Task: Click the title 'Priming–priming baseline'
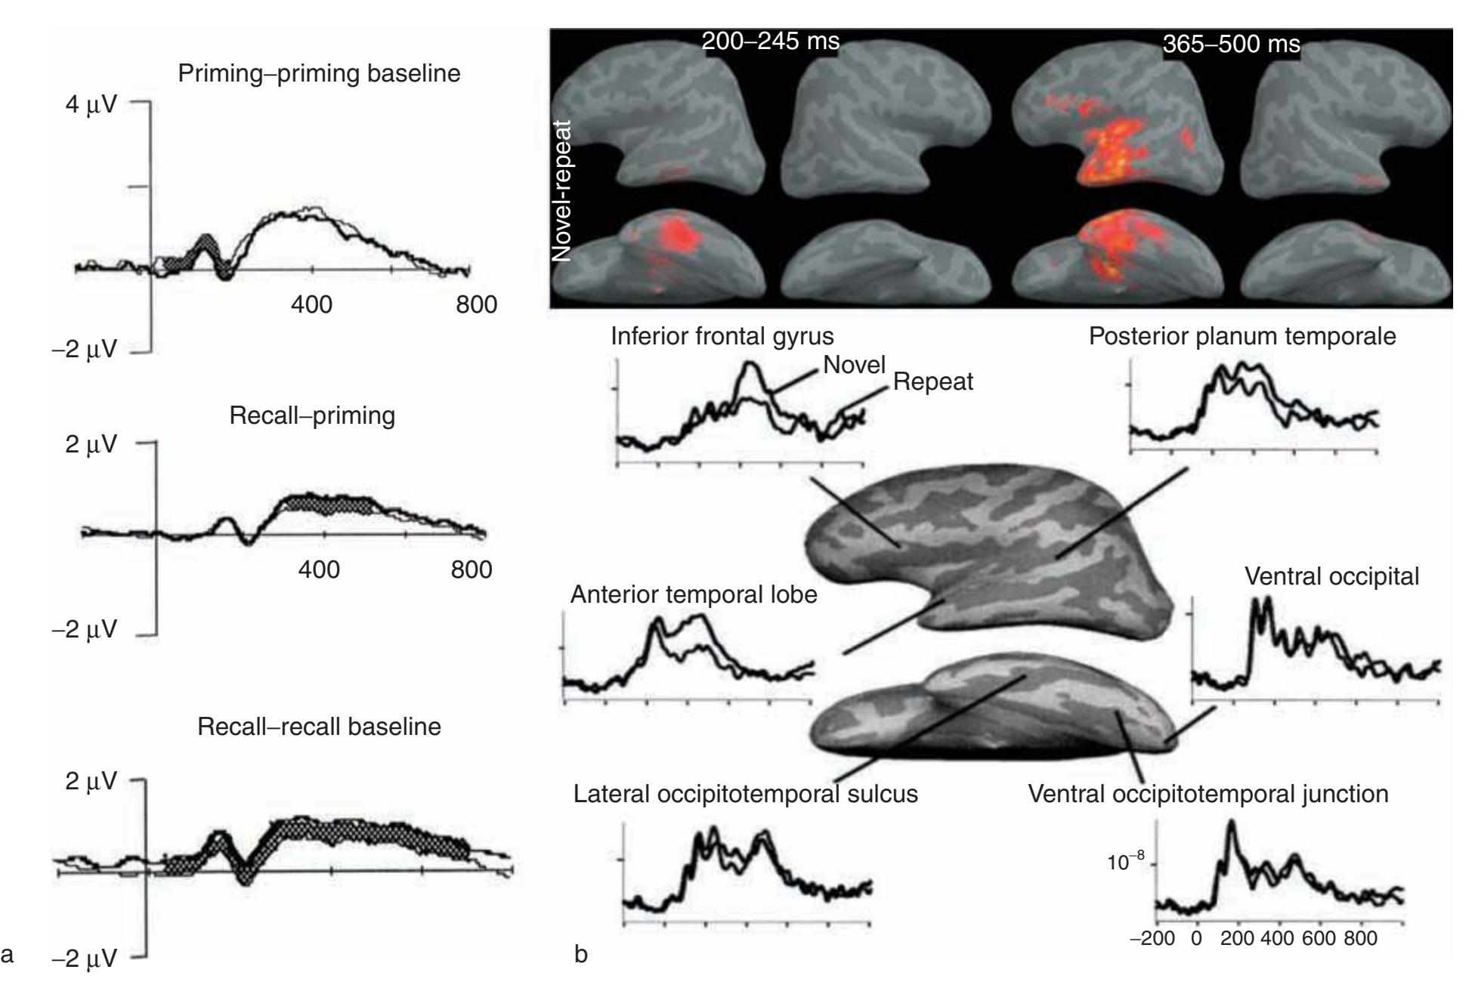319,74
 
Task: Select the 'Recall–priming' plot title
312,416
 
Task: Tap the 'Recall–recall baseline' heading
319,727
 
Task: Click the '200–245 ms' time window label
771,42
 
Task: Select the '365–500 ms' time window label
1232,45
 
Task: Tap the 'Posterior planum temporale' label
1242,336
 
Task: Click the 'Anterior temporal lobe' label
694,594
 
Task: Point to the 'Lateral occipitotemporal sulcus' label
746,794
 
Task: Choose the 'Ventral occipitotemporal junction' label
1208,794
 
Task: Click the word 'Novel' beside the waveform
854,365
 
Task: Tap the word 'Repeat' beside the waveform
933,382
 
